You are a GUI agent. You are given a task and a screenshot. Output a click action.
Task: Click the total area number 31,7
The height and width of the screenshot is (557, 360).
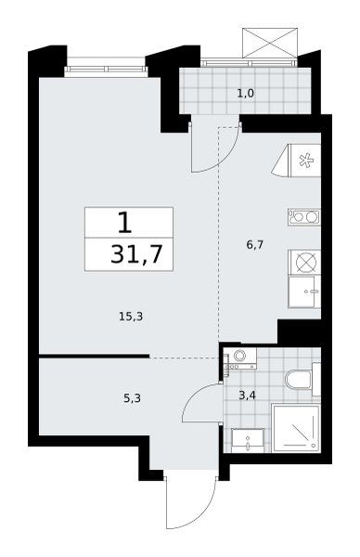136,254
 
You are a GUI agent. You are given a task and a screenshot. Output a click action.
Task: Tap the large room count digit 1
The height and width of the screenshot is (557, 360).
124,223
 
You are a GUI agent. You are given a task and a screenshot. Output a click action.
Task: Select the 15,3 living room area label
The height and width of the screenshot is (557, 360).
131,317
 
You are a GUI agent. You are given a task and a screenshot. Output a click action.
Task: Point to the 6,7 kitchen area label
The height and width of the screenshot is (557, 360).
254,245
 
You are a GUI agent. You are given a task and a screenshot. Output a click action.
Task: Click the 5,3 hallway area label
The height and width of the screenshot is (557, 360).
132,398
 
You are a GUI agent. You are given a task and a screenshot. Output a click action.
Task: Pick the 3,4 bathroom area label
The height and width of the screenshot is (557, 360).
247,395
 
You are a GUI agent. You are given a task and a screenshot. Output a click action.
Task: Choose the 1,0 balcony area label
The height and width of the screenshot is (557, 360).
246,94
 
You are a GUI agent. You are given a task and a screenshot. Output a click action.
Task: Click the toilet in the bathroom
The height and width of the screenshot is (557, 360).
302,380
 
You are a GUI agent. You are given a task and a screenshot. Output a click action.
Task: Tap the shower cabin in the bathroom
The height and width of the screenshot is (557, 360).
296,428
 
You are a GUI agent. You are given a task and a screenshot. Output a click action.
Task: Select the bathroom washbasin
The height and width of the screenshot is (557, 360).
248,440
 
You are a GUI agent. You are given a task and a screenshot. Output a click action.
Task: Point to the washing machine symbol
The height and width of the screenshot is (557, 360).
240,358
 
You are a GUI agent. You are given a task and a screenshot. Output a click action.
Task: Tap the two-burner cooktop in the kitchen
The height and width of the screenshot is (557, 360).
304,216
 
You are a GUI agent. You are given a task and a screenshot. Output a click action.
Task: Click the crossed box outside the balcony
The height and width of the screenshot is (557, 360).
269,44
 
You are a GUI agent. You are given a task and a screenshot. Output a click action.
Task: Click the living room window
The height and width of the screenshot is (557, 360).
106,69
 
